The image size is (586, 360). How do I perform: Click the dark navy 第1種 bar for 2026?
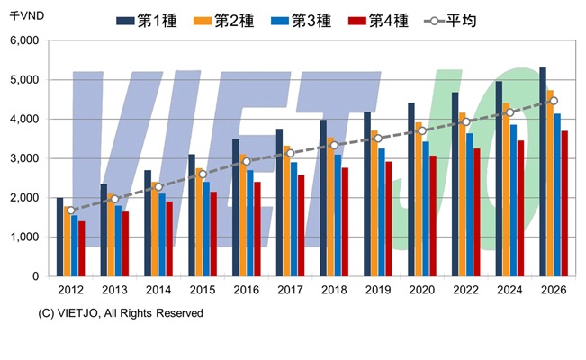tap(543, 171)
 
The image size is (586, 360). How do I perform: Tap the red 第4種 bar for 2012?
tap(82, 248)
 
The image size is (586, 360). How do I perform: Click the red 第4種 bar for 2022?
tap(476, 212)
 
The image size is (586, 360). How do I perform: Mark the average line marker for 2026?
tap(554, 101)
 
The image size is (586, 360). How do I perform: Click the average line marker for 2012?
tap(71, 211)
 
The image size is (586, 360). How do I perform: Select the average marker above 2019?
tap(378, 139)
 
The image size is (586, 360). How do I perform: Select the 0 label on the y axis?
tap(34, 276)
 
